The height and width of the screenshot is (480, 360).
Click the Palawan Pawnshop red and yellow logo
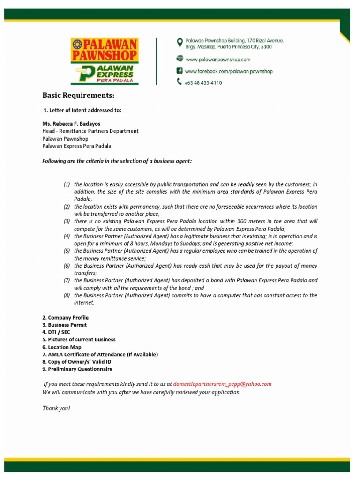105,50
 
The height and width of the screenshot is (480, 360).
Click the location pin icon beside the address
179,43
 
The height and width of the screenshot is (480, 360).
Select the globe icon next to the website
179,59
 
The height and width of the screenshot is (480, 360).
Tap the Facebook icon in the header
179,71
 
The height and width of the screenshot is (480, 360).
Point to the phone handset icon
179,82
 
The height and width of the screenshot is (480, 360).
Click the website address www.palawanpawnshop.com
218,60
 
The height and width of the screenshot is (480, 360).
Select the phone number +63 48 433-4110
203,82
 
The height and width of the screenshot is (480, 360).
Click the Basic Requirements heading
78,95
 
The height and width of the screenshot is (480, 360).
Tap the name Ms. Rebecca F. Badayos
71,124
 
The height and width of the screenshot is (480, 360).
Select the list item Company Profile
65,318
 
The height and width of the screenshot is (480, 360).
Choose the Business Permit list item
64,325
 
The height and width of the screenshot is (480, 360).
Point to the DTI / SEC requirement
56,332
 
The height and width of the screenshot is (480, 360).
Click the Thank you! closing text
56,408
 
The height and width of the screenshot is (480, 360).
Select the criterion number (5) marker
67,251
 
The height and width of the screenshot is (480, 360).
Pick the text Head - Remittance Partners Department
90,131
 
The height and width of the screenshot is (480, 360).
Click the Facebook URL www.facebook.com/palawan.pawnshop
229,71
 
